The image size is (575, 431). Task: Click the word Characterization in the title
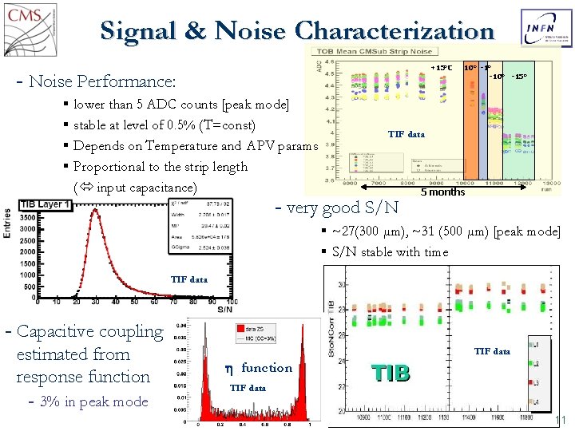[x=395, y=31]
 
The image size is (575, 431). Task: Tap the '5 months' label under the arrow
[x=442, y=192]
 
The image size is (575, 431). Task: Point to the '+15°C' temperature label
[x=442, y=68]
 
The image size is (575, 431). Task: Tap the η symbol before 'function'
[x=229, y=368]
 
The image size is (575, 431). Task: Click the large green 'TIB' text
[x=391, y=373]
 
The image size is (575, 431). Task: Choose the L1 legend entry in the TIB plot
[x=536, y=344]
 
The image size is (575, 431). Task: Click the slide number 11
[x=559, y=421]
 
